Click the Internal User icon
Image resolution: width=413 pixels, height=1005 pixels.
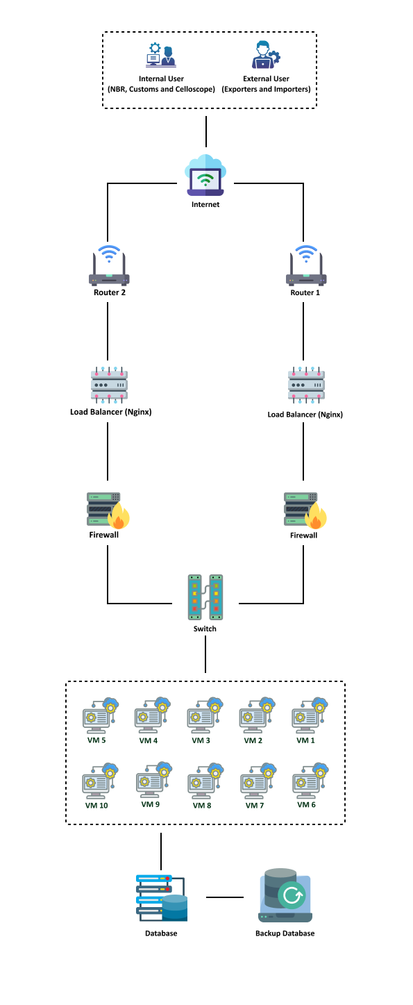tap(161, 55)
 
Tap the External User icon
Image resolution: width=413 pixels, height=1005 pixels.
tap(266, 55)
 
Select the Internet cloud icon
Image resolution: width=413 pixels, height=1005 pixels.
tap(205, 175)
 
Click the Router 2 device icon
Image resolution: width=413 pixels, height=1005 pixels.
tap(109, 265)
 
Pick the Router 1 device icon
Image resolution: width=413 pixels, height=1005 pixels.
tap(306, 265)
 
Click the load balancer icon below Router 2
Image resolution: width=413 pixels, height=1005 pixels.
tap(110, 385)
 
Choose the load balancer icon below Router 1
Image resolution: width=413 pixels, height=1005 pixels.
tap(306, 385)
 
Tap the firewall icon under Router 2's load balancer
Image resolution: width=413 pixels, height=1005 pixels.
tap(108, 510)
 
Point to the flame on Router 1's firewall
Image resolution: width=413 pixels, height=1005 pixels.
tap(316, 516)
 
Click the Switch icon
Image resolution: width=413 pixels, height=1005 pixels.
tap(205, 597)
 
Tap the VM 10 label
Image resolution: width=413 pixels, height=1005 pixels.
tap(97, 806)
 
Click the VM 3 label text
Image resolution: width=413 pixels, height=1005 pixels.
tap(201, 740)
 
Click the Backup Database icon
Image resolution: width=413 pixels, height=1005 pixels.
tap(285, 895)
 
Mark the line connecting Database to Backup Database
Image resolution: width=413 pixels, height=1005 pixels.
tap(225, 897)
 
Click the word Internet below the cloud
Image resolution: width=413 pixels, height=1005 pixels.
tap(205, 205)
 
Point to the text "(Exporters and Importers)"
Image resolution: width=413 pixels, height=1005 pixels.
tap(266, 90)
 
